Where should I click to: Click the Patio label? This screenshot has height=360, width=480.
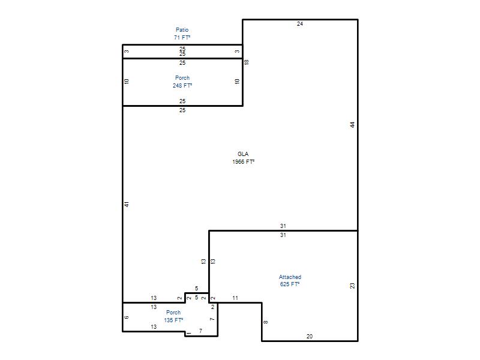click(182, 29)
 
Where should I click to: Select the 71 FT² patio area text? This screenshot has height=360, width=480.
click(182, 37)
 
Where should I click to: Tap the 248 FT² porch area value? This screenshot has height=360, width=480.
click(182, 85)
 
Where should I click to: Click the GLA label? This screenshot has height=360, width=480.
click(243, 154)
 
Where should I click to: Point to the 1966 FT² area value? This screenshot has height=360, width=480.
click(244, 161)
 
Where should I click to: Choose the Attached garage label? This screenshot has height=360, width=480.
click(290, 277)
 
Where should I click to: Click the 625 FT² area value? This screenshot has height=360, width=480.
click(290, 284)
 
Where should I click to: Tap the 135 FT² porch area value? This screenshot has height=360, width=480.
click(173, 320)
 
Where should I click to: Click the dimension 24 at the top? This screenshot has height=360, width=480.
click(300, 23)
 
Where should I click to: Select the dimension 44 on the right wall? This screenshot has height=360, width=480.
click(352, 125)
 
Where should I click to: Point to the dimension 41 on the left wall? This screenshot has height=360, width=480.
click(127, 204)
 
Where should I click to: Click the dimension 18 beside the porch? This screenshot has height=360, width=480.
click(247, 62)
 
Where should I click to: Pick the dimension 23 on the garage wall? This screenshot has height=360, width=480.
click(352, 286)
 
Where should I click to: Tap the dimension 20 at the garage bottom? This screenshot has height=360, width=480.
click(310, 336)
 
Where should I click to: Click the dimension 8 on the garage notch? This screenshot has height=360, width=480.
click(266, 322)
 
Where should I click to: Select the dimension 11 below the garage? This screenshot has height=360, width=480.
click(235, 298)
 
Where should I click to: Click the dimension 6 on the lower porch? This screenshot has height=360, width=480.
click(127, 317)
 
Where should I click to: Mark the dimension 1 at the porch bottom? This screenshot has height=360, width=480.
click(189, 333)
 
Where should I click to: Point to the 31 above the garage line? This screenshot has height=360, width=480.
click(283, 226)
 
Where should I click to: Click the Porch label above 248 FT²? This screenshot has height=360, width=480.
click(182, 78)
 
